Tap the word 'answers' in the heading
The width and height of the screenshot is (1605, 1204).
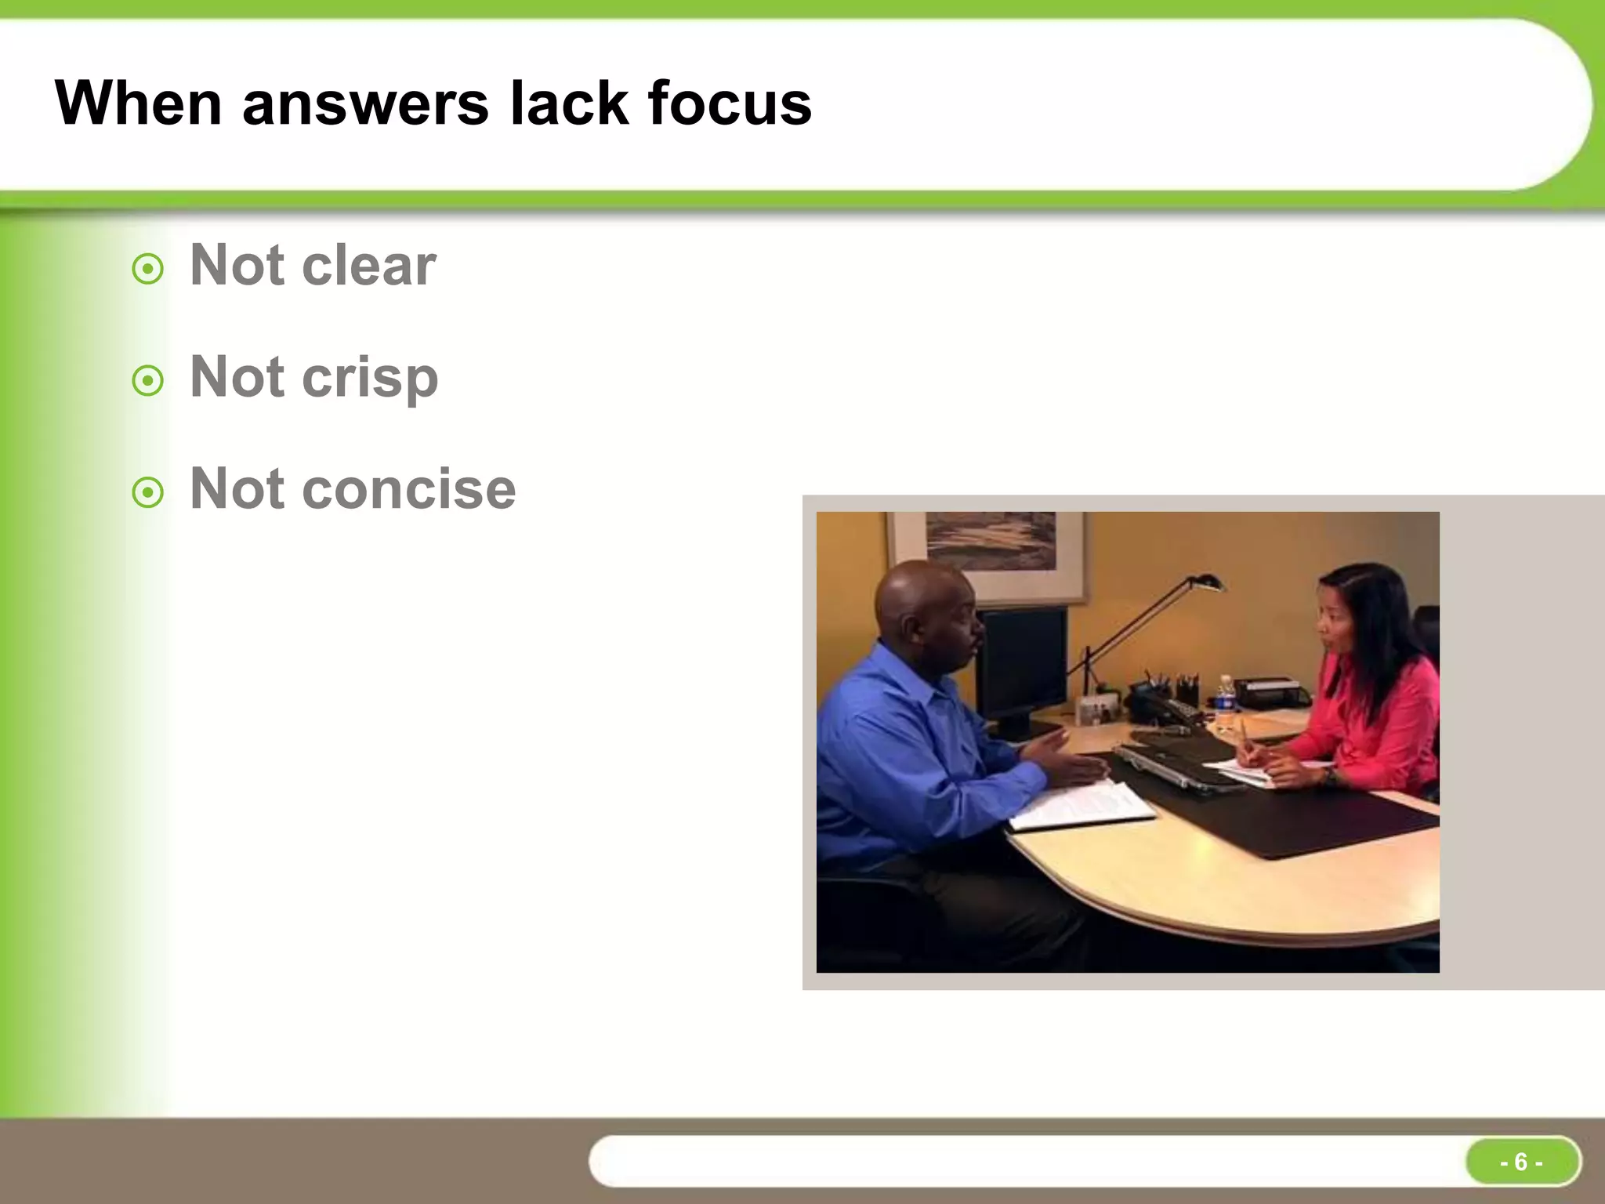tap(365, 105)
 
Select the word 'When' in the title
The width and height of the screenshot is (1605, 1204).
tap(138, 103)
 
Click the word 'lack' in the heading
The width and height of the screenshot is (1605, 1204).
tap(569, 103)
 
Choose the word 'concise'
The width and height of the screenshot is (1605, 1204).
tap(409, 489)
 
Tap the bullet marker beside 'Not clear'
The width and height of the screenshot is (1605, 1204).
tap(148, 270)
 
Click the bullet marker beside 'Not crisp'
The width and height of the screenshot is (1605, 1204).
tap(148, 382)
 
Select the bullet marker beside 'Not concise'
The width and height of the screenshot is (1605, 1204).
tap(148, 493)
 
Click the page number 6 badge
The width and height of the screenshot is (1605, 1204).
tap(1521, 1162)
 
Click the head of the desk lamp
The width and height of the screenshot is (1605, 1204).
tap(1205, 583)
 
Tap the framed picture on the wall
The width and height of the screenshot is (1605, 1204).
tap(989, 549)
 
